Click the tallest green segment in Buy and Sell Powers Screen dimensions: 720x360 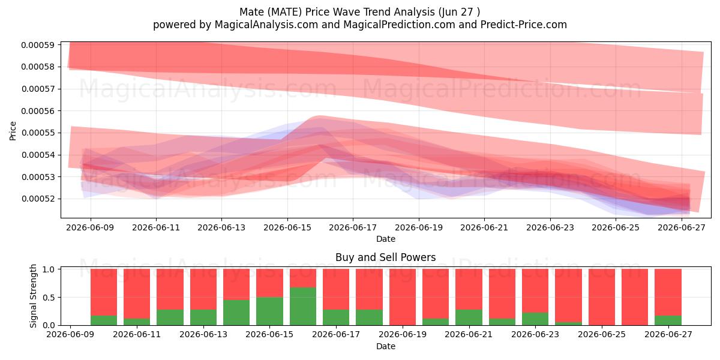click(303, 306)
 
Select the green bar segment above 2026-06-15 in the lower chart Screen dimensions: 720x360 click(269, 311)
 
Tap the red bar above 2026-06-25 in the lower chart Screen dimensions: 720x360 click(602, 297)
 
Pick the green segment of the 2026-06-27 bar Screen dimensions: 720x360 click(668, 320)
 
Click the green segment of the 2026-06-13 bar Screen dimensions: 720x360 click(203, 317)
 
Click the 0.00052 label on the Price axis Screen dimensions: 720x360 click(38, 199)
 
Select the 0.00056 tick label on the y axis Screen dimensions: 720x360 click(38, 111)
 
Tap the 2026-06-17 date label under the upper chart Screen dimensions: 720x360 click(353, 227)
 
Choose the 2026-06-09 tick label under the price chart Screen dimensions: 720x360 click(90, 227)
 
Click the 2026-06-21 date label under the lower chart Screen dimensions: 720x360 click(469, 334)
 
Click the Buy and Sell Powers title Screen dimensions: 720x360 click(386, 257)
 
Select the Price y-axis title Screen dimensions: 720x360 click(13, 131)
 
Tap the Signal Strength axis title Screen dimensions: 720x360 click(33, 296)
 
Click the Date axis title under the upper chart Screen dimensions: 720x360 click(386, 239)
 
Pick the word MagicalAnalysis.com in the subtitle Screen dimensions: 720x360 click(266, 25)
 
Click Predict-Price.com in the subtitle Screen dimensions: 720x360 click(524, 25)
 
